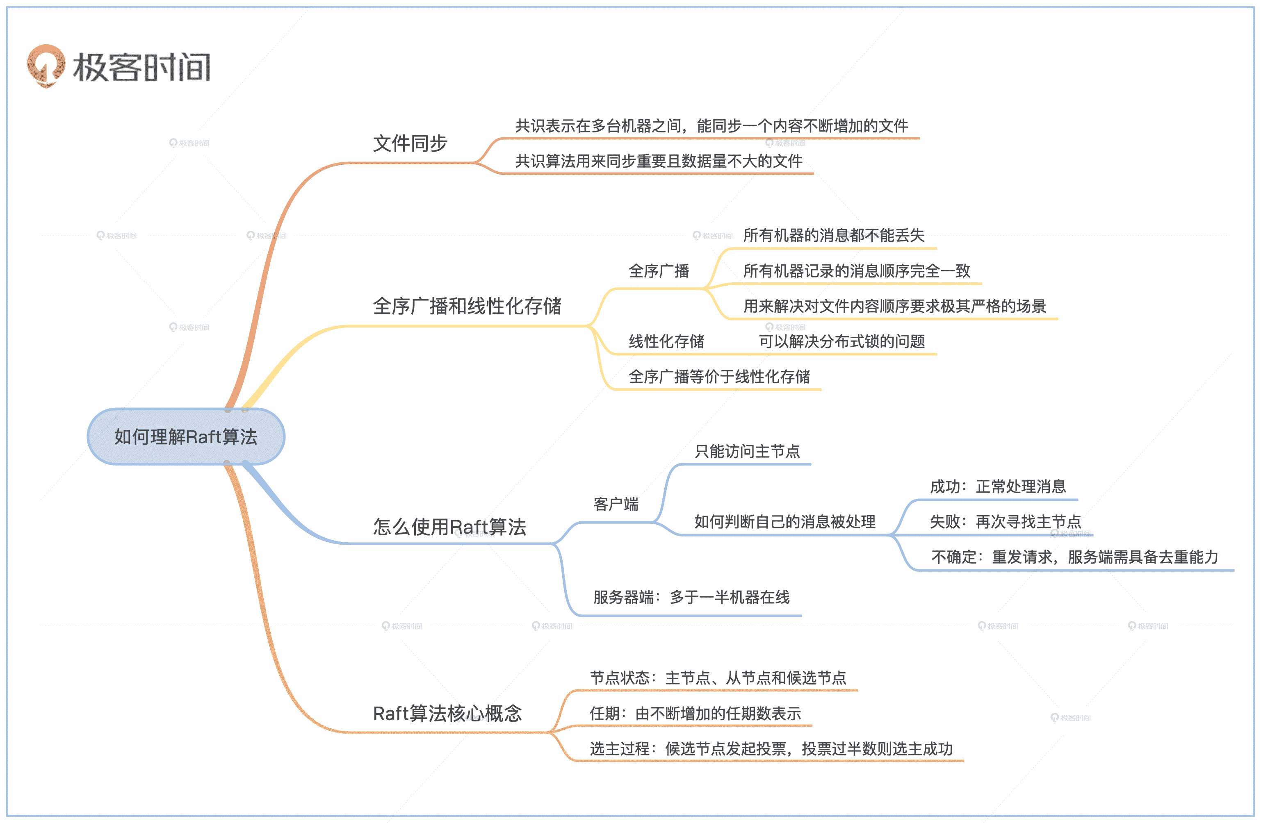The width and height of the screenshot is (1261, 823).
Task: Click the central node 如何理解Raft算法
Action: (185, 437)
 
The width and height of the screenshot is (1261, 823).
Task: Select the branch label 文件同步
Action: (410, 143)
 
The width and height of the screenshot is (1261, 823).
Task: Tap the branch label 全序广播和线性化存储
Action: (467, 306)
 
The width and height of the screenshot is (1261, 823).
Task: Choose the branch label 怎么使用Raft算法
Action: (449, 527)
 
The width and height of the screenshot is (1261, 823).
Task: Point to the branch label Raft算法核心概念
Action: (447, 714)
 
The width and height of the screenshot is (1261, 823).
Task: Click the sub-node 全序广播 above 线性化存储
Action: (659, 271)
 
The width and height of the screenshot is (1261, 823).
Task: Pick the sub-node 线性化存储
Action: (666, 341)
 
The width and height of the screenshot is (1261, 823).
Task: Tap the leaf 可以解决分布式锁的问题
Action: (841, 341)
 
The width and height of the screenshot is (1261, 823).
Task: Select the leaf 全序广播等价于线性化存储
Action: (719, 377)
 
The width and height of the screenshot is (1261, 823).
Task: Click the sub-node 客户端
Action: (616, 504)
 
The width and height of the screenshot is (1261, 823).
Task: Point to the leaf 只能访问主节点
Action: (747, 452)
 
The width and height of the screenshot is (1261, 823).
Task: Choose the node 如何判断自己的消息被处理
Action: (784, 522)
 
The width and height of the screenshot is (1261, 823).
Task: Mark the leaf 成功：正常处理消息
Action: (998, 487)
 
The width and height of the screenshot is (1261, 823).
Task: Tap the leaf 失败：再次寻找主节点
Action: (1005, 522)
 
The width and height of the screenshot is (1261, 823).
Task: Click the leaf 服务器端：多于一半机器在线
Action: (691, 598)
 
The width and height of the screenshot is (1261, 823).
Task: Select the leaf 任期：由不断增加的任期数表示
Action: (695, 714)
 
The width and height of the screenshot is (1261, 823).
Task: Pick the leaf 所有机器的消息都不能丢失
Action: (833, 236)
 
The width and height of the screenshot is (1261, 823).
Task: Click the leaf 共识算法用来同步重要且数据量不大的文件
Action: (659, 161)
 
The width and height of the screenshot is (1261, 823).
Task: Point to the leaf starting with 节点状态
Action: (718, 678)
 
